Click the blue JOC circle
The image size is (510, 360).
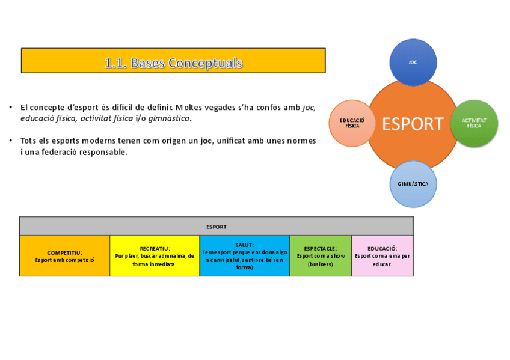[413, 62]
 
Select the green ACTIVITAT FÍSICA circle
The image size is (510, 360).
[474, 123]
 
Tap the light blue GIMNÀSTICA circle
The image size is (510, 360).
[413, 184]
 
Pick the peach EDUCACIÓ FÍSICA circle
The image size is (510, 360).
[352, 123]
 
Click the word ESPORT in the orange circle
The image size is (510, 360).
[413, 124]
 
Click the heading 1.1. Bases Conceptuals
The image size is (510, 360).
[173, 63]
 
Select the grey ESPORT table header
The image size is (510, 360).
[217, 227]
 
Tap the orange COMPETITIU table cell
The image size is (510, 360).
[65, 256]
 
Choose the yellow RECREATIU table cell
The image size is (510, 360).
[155, 256]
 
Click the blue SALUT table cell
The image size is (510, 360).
[245, 256]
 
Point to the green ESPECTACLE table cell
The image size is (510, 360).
[321, 256]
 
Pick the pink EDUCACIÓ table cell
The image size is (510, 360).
[382, 256]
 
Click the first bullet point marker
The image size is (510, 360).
[11, 108]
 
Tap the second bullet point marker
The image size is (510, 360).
[11, 141]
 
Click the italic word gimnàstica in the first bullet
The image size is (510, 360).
[170, 118]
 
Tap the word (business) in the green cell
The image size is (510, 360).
[321, 264]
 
